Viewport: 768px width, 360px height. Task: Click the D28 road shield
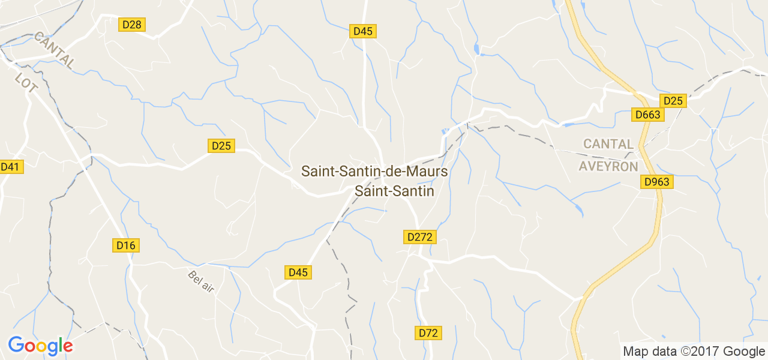pos(132,25)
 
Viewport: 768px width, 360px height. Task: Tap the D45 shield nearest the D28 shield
pos(363,31)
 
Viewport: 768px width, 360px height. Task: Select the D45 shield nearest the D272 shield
pos(298,272)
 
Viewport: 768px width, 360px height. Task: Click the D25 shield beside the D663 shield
pos(673,101)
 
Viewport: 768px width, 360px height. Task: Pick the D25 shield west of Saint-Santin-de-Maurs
pos(221,146)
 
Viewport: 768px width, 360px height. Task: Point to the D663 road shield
pos(647,115)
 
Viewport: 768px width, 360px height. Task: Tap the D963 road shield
pos(657,182)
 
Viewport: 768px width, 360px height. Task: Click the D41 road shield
pos(10,167)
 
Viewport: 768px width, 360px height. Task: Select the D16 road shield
pos(126,245)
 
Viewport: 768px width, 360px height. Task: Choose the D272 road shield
pos(419,237)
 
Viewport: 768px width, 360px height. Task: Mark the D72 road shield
pos(428,332)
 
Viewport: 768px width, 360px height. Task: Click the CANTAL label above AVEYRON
pos(608,144)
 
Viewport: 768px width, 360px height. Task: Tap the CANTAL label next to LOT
pos(55,50)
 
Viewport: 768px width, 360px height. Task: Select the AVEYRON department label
pos(608,166)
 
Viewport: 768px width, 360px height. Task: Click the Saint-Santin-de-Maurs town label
pos(374,172)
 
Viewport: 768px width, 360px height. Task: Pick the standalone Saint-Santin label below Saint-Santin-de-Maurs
pos(394,191)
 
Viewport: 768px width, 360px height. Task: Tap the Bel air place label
pos(201,282)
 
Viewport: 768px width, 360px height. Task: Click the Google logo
pos(40,346)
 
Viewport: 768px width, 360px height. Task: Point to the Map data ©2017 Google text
pos(694,352)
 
